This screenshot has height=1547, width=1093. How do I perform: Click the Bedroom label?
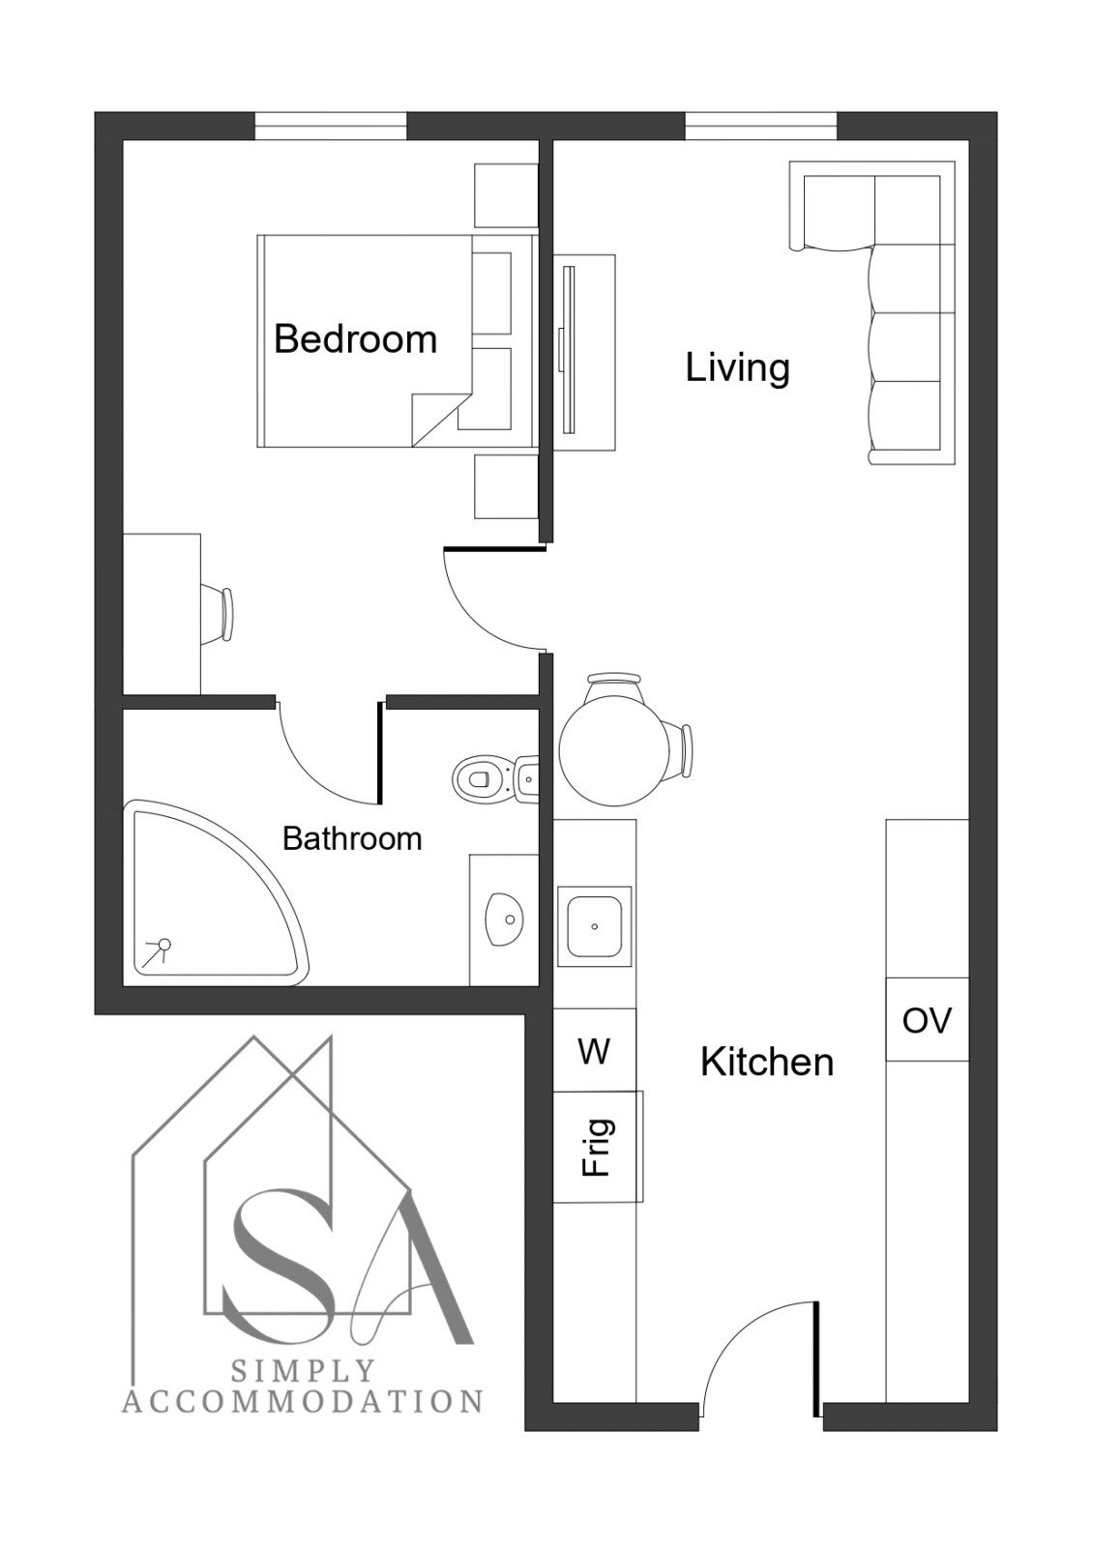pyautogui.click(x=355, y=339)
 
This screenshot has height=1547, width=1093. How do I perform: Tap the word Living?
pyautogui.click(x=737, y=366)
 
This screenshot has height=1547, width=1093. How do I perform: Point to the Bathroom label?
pyautogui.click(x=352, y=838)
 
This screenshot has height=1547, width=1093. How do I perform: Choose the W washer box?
pyautogui.click(x=594, y=1050)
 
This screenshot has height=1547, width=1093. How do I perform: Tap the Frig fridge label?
pyautogui.click(x=597, y=1147)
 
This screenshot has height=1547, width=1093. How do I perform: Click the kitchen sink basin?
pyautogui.click(x=594, y=926)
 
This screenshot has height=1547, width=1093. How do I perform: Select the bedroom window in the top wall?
pyautogui.click(x=330, y=126)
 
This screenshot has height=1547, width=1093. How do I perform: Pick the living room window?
pyautogui.click(x=760, y=126)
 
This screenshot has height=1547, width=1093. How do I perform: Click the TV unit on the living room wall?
pyautogui.click(x=584, y=353)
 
